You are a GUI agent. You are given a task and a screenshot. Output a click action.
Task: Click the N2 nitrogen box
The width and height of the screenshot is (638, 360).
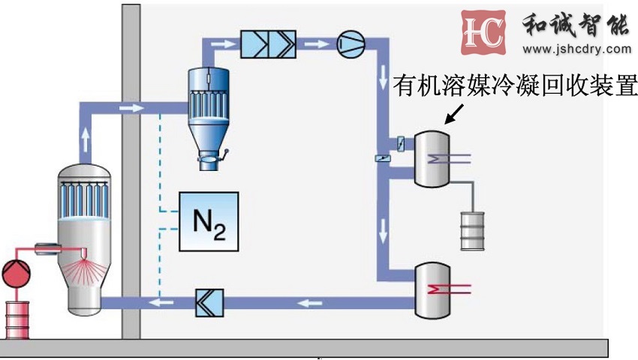tap(209, 221)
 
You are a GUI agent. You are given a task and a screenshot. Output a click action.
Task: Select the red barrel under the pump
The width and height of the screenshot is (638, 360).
tap(17, 319)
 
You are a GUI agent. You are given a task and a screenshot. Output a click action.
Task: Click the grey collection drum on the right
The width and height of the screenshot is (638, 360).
tap(473, 230)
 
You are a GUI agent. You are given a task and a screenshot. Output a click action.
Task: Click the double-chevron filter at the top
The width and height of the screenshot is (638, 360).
tap(268, 44)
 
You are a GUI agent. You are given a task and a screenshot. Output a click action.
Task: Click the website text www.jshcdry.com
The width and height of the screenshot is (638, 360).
tap(576, 50)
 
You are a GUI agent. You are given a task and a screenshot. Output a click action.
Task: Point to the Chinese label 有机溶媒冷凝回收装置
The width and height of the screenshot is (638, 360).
tap(515, 86)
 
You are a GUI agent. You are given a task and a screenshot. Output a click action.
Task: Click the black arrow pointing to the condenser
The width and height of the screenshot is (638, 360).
tap(455, 113)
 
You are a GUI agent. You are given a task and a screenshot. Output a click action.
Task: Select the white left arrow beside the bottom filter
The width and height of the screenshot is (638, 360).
tap(161, 302)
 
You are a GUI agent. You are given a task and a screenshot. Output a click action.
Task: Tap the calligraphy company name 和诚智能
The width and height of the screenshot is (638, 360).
tap(575, 25)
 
